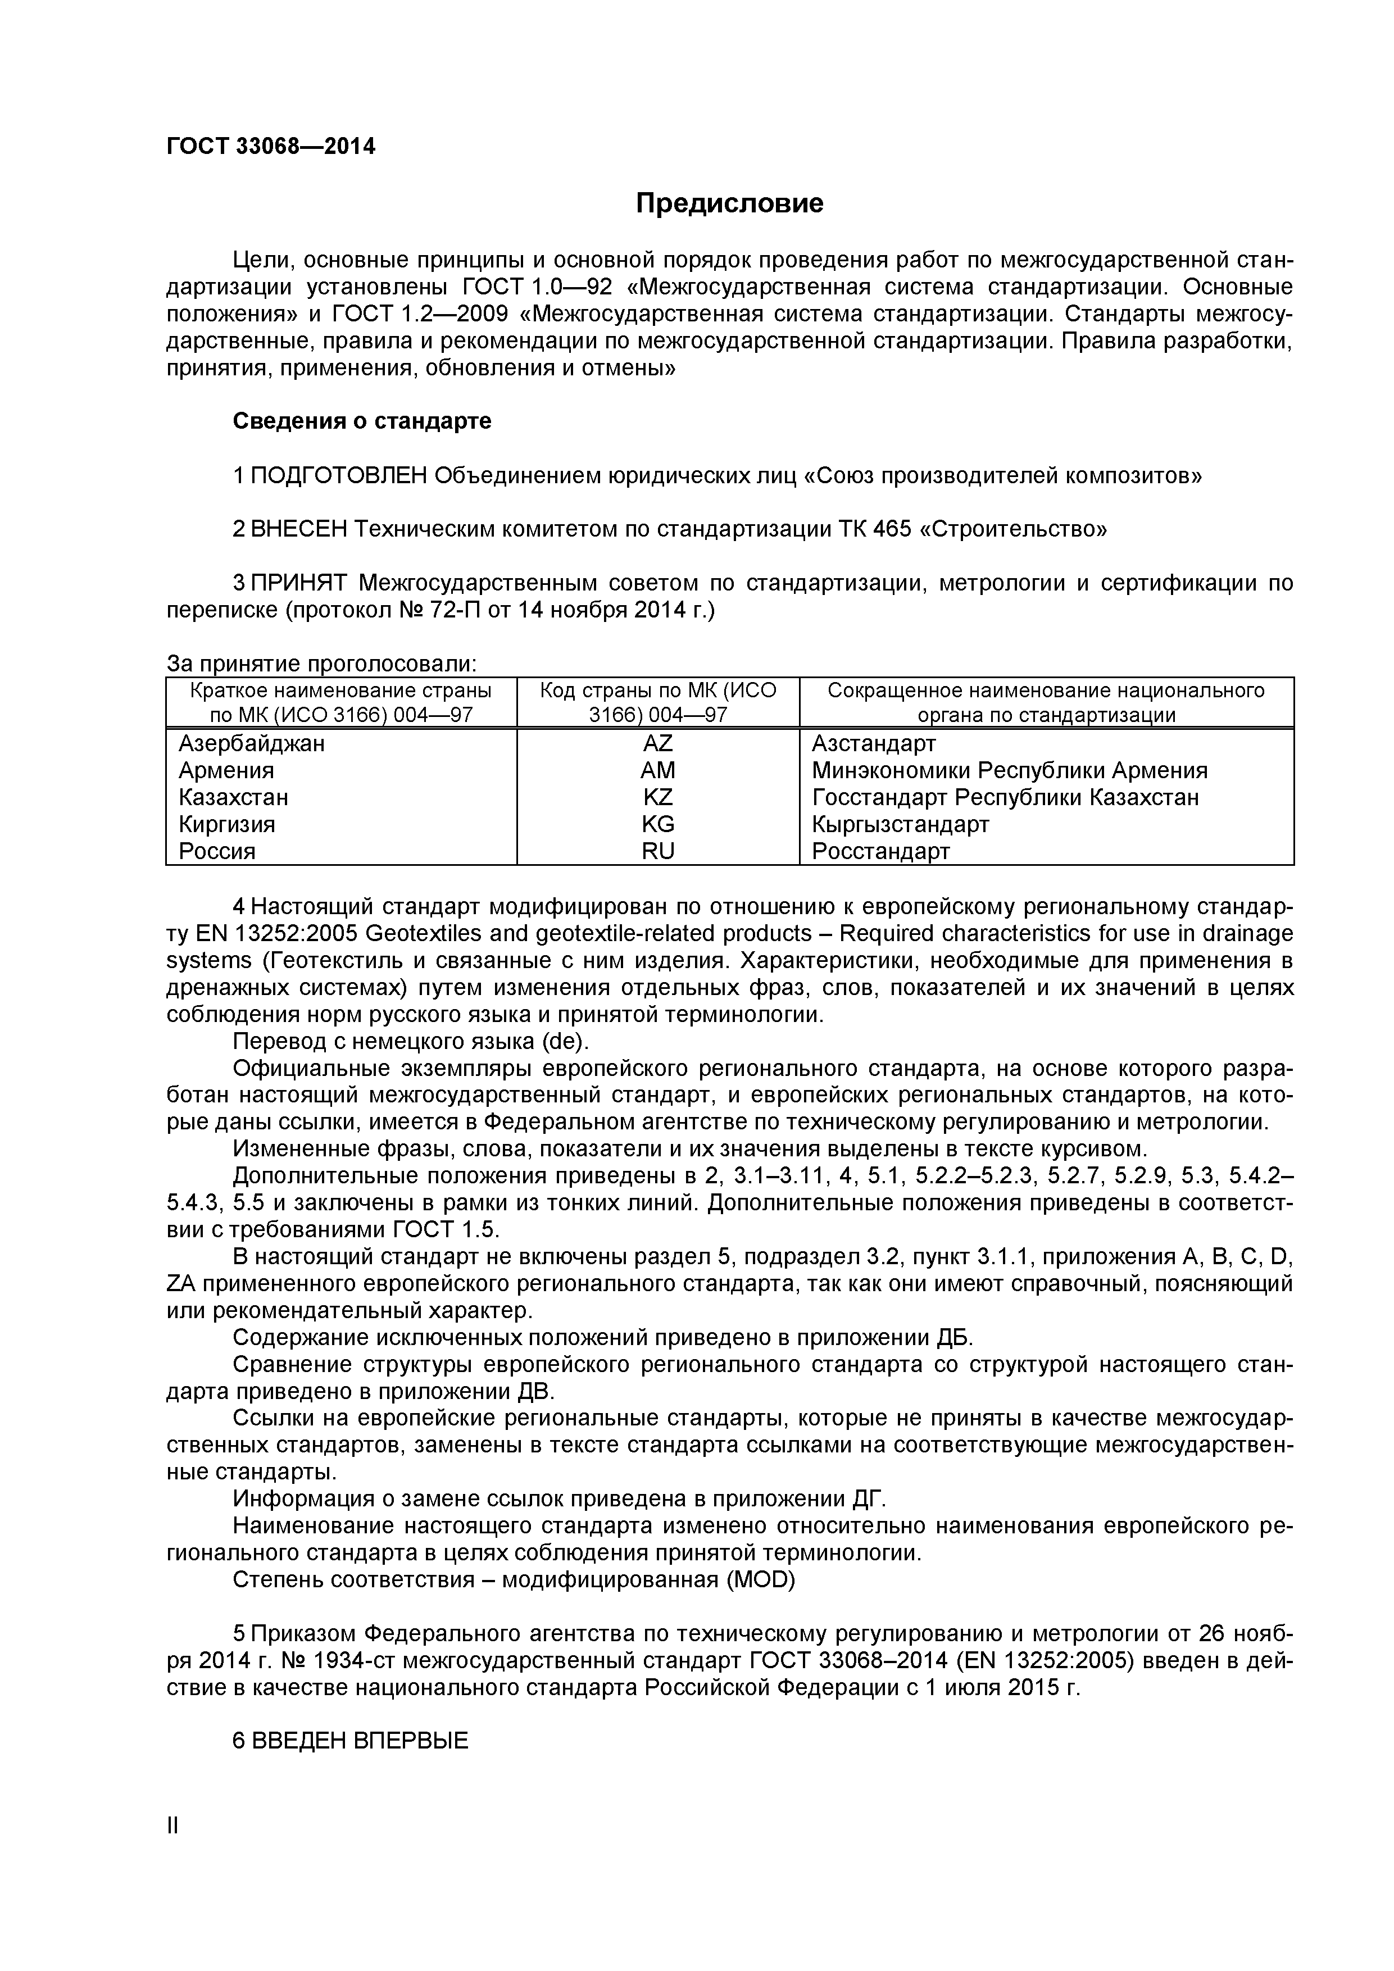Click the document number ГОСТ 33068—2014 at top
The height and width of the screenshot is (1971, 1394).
point(270,147)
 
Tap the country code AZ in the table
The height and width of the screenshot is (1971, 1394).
point(657,743)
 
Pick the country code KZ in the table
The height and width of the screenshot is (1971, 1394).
point(657,797)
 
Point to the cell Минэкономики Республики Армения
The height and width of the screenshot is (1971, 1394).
point(1009,771)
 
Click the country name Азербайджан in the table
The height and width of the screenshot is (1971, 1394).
point(252,743)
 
